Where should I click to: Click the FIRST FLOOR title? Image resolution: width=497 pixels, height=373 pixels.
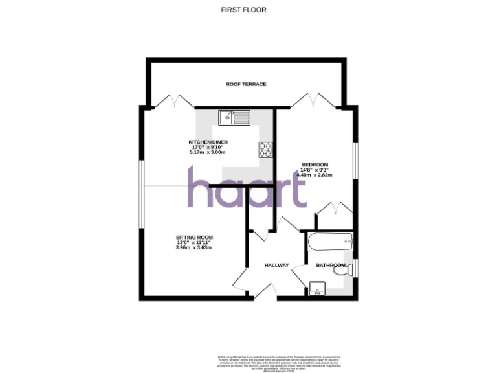click(x=243, y=10)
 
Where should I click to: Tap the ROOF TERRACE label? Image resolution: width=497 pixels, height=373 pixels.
click(x=246, y=84)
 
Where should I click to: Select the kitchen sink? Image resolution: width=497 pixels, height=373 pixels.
click(x=234, y=118)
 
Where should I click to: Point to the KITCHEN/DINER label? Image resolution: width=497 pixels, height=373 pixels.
click(x=208, y=142)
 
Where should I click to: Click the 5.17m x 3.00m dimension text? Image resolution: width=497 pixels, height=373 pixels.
click(x=208, y=152)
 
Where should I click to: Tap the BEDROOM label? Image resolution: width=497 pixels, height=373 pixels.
click(x=315, y=164)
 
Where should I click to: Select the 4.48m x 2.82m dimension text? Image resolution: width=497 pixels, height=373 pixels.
click(x=315, y=175)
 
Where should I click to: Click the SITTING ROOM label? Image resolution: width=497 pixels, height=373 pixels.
click(x=194, y=237)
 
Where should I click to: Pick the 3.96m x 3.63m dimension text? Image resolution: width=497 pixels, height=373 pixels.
click(x=194, y=247)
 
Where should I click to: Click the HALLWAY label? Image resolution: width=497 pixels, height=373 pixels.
click(x=276, y=266)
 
